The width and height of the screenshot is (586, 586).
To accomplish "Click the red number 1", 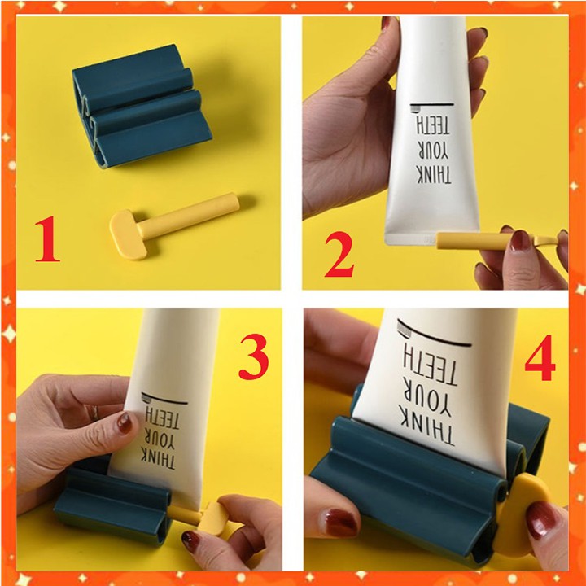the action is pos(48,240).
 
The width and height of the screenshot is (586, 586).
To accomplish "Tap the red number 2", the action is pos(339,254).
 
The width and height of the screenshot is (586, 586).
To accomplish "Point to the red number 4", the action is pos(540,357).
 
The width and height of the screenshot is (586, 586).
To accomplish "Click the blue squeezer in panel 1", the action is pos(139,106).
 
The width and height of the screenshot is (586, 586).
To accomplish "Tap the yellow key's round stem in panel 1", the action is pos(188,216).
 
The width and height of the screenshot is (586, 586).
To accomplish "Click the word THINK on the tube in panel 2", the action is pos(434,175).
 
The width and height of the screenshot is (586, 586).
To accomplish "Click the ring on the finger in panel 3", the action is pos(95,412).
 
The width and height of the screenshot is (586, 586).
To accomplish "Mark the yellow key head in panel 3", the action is pos(212,519).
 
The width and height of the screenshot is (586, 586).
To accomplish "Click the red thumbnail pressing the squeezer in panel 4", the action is pos(339,523).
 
